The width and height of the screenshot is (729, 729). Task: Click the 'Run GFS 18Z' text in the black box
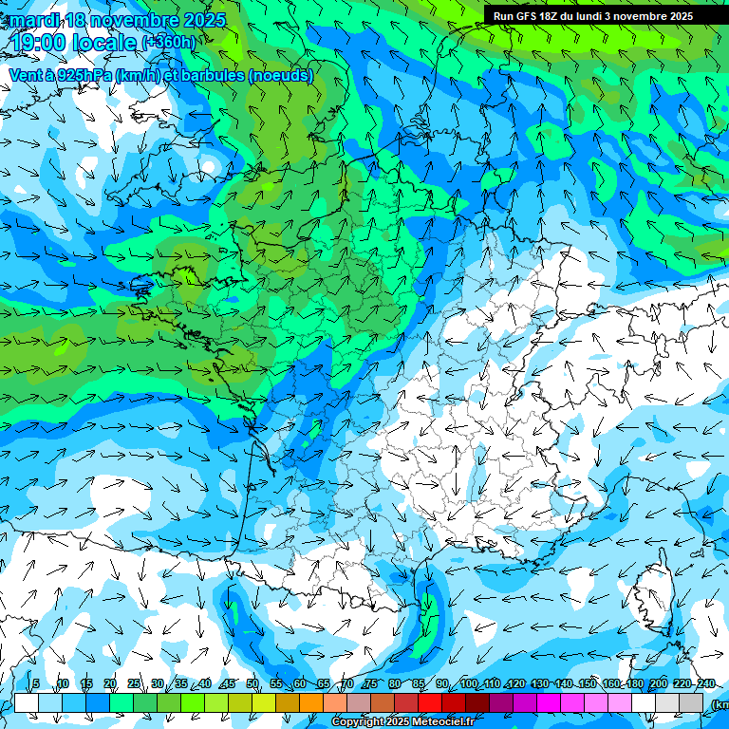(527, 16)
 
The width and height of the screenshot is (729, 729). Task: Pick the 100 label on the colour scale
(468, 683)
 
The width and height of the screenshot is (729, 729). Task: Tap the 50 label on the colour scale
(252, 683)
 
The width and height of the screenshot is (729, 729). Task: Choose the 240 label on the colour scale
(705, 683)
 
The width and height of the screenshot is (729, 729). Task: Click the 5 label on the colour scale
(36, 683)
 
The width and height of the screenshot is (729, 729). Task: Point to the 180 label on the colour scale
(634, 683)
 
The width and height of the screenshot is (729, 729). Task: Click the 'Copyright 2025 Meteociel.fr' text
(402, 722)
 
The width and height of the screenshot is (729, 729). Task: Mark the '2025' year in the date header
(205, 20)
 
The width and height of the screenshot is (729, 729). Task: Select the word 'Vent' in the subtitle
(27, 75)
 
